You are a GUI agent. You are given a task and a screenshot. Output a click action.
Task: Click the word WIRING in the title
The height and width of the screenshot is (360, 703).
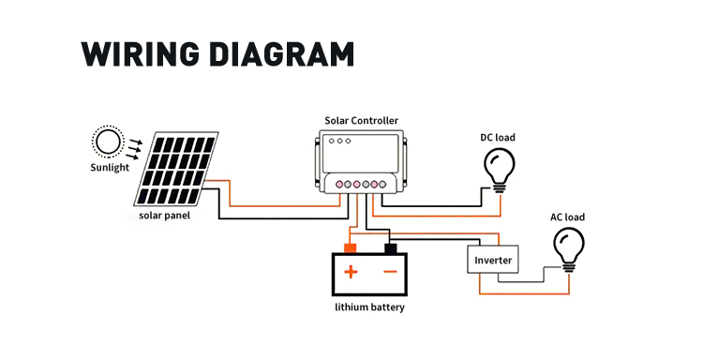pos(140,54)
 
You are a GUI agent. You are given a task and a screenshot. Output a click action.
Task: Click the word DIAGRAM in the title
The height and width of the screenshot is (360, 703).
pos(282,54)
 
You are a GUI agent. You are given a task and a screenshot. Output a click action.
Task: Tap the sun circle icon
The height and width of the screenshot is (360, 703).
pos(108,142)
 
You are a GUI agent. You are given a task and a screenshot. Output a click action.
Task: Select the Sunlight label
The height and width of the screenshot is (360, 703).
pos(110,168)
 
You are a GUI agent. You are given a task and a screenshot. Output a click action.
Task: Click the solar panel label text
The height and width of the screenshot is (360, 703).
pos(165,216)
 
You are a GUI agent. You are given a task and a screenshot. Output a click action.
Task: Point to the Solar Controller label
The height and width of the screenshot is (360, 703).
pos(362,121)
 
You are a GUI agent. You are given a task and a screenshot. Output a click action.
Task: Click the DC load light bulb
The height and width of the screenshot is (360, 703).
pos(500,171)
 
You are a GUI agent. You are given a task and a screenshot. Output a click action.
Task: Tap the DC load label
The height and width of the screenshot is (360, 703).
pos(498,138)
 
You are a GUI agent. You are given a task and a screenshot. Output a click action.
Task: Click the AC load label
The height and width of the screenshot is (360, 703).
pos(568,217)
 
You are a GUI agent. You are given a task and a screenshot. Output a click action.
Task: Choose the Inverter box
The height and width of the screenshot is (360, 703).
pos(493,260)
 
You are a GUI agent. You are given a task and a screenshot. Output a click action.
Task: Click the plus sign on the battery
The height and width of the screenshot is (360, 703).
pos(351,272)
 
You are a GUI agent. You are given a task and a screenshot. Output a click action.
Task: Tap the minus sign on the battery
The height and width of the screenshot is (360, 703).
pos(391,272)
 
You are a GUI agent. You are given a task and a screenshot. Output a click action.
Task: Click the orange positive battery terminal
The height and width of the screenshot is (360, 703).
pos(350,247)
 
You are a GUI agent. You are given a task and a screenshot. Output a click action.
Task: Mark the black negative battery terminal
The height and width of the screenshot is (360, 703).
pos(391,248)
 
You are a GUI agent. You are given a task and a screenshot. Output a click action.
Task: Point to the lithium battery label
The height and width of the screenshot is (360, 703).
pos(370,307)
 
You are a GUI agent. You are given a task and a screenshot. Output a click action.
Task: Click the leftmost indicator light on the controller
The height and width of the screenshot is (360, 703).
pos(332,142)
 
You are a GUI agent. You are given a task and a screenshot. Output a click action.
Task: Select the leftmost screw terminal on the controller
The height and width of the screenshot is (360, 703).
pos(339,185)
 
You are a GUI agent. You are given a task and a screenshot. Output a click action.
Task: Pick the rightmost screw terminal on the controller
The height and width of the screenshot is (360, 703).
pos(382,185)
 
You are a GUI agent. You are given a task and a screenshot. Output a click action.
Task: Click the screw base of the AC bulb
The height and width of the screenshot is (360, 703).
pos(569,267)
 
